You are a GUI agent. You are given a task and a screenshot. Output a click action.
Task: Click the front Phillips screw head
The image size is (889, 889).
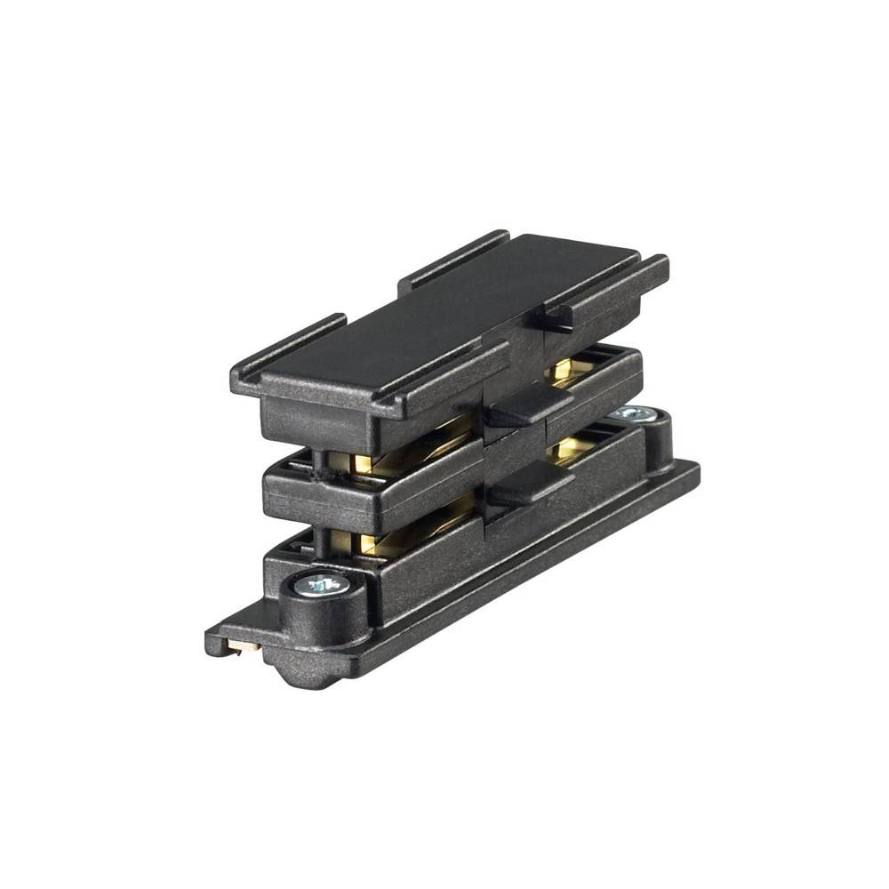tap(322, 584)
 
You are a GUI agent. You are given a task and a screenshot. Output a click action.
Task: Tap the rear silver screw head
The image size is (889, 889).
tap(634, 414)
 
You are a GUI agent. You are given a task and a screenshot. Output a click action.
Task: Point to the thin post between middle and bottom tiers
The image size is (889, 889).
tap(318, 538)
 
